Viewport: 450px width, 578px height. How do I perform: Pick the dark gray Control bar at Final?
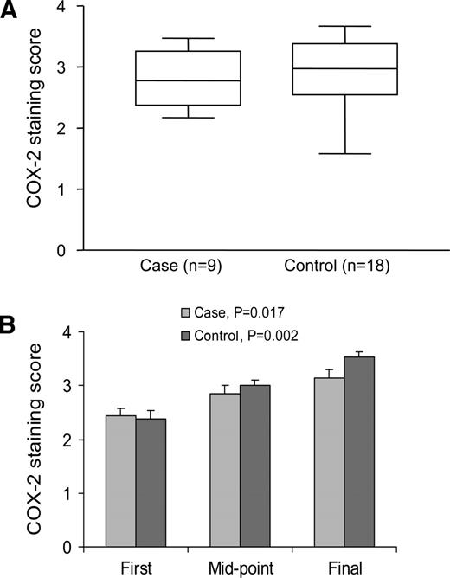[x=359, y=451]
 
